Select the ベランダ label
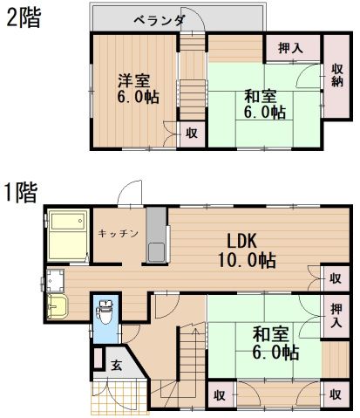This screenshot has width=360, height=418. click(159, 20)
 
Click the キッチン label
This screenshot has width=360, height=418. click(115, 233)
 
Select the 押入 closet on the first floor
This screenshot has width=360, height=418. click(336, 315)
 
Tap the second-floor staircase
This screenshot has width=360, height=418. click(191, 79)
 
